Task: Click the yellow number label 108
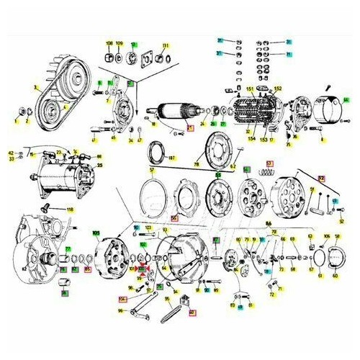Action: tap(109, 45)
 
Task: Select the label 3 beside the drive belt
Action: tap(35, 87)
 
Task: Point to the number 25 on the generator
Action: tap(99, 165)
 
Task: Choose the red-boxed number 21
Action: tap(191, 128)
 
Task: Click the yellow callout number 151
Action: tap(251, 89)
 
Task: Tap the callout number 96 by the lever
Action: tap(120, 311)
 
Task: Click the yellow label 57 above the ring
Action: tap(153, 171)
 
